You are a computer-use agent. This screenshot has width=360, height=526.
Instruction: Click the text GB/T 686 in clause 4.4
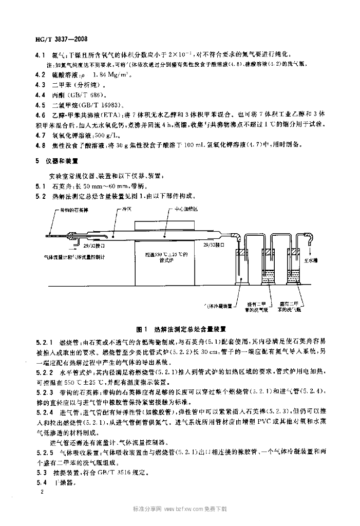pos(88,95)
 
